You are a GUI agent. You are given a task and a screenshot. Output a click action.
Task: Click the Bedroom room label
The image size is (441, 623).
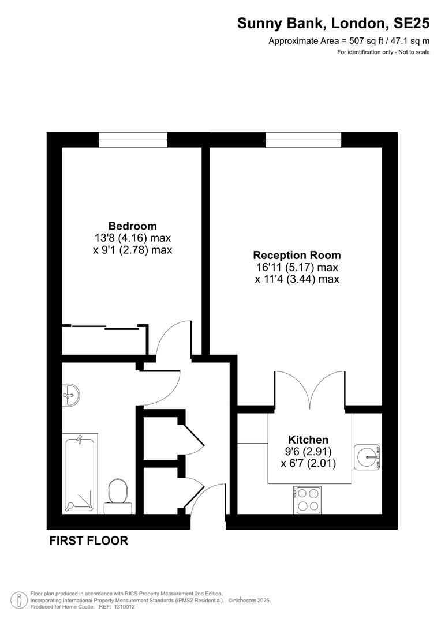tap(132, 226)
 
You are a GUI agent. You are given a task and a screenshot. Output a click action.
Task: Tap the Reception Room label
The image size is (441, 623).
tap(297, 255)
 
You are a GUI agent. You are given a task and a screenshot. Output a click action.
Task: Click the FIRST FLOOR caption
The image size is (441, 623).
tap(88, 541)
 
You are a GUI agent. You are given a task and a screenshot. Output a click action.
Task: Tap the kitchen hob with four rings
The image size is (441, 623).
tap(308, 500)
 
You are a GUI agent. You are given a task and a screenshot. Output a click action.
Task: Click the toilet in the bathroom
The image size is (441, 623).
tap(118, 494)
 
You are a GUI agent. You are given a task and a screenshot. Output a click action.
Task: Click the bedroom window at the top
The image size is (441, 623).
tap(133, 140)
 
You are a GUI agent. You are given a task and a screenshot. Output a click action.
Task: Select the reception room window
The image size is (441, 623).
tap(303, 140)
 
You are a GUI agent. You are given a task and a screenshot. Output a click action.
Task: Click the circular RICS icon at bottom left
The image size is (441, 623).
tap(20, 600)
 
